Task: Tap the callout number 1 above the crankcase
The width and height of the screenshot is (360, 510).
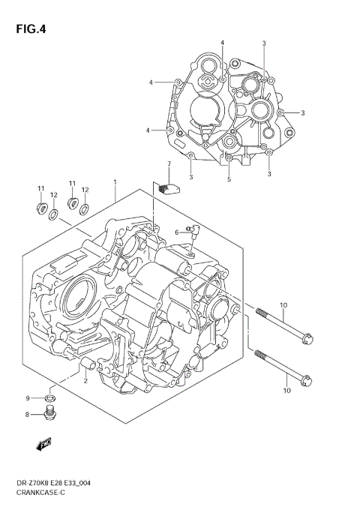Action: pos(115,181)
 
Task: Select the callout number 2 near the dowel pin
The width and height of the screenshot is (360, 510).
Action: pos(85,380)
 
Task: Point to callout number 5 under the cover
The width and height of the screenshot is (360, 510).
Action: pos(229,179)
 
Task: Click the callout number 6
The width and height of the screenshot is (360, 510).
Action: pos(178,233)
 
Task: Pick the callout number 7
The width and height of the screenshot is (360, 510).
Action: pos(169,163)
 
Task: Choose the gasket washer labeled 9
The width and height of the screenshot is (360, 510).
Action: pos(49,397)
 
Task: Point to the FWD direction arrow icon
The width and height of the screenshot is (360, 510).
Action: pos(45,445)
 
